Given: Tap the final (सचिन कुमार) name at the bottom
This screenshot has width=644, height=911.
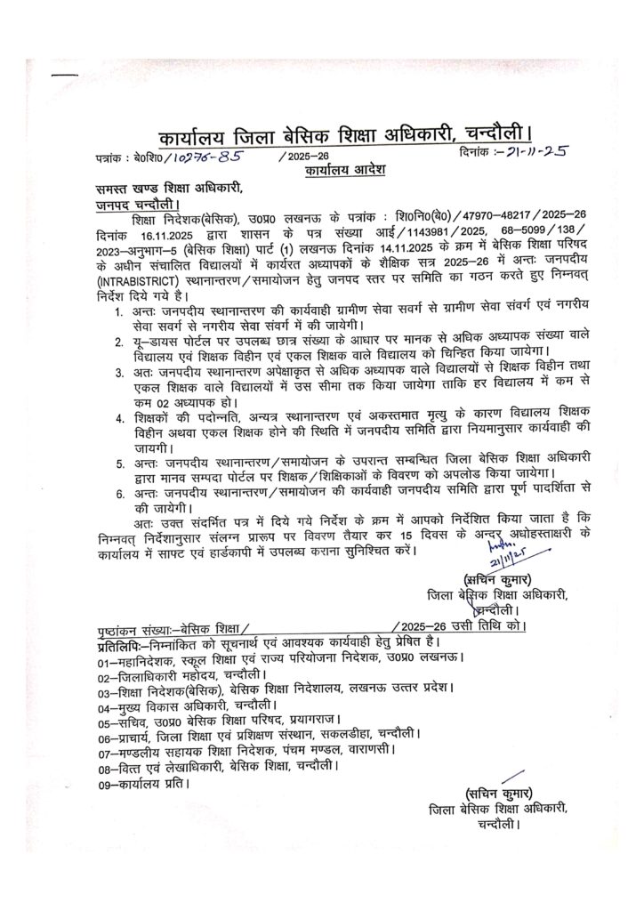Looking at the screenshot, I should pos(498,794).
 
